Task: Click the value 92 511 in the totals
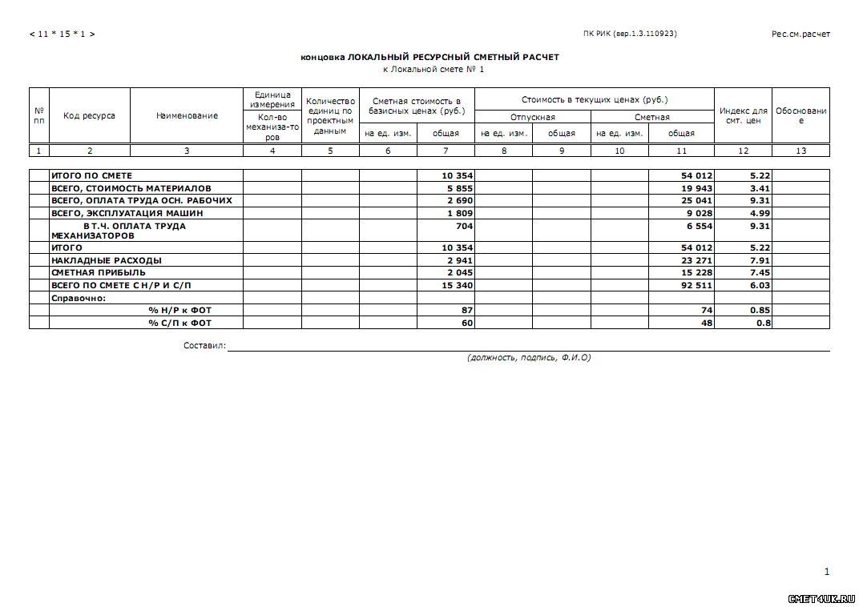[696, 285]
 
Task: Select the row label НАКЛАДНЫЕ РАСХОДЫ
[106, 260]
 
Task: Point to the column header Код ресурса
[89, 115]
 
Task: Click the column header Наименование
[187, 116]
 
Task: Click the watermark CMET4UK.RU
[821, 598]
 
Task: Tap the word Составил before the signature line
[204, 346]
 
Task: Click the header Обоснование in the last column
[801, 115]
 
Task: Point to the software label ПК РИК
[630, 34]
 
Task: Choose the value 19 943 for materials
[696, 188]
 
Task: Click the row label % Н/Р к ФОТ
[179, 310]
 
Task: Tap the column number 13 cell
[801, 151]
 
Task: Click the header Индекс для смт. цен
[743, 115]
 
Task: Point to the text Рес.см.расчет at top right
[800, 34]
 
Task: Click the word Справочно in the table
[78, 298]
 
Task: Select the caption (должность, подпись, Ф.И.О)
[528, 357]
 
